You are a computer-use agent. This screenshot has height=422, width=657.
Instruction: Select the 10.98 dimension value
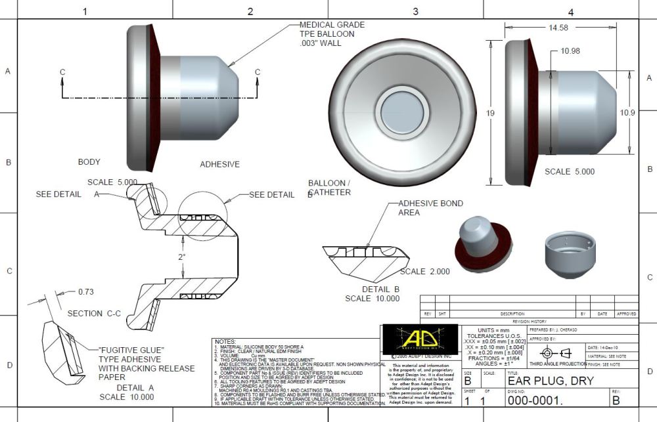[571, 51]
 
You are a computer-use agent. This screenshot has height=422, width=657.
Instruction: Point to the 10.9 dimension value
[628, 112]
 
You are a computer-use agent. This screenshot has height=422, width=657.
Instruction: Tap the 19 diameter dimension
[489, 113]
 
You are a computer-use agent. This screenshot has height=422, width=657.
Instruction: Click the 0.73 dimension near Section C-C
[86, 291]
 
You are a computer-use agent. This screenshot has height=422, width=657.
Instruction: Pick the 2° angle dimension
[182, 257]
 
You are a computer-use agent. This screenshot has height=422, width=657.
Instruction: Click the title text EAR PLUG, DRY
[551, 381]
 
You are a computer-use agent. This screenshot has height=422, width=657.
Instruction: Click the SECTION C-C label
[94, 314]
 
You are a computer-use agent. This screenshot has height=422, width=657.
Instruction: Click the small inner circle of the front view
[402, 113]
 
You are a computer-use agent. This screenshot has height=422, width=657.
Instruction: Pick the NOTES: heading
[225, 342]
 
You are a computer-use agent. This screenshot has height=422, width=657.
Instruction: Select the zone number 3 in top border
[415, 12]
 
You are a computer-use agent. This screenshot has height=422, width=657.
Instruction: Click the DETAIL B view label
[380, 289]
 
